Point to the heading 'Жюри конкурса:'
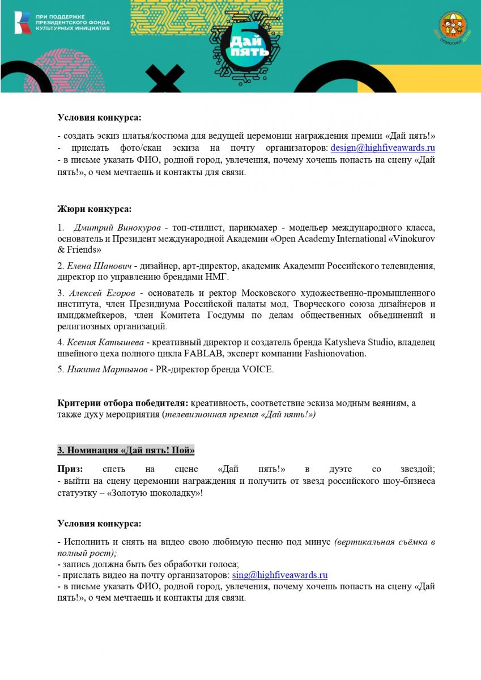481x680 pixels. (95, 209)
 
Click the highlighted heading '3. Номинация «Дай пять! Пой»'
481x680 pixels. (126, 450)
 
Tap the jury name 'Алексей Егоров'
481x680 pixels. (101, 293)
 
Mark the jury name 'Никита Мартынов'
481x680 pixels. (103, 370)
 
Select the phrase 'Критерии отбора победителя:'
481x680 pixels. (123, 403)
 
